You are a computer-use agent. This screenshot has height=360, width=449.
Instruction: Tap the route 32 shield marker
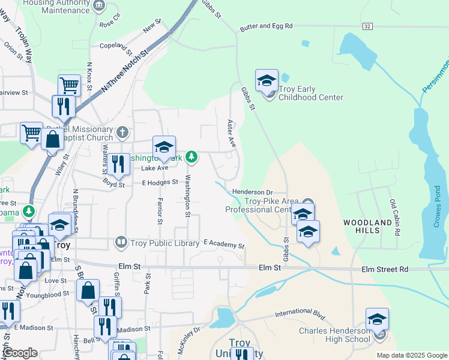coord(367,26)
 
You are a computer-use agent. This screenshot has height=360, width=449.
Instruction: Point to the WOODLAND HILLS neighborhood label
coord(368,223)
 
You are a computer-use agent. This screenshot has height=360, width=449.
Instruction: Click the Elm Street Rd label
coord(384,269)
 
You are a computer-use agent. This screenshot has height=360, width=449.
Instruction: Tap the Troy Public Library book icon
coord(121,242)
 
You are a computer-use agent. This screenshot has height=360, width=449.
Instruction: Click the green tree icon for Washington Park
coord(191,157)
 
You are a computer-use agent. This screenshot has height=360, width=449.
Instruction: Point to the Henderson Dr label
coord(252,191)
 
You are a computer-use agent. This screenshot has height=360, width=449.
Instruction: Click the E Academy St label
coord(224,245)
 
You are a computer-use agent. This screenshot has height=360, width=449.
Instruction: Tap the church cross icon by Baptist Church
coord(122,131)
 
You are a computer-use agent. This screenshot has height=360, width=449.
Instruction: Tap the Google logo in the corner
coord(20,353)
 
